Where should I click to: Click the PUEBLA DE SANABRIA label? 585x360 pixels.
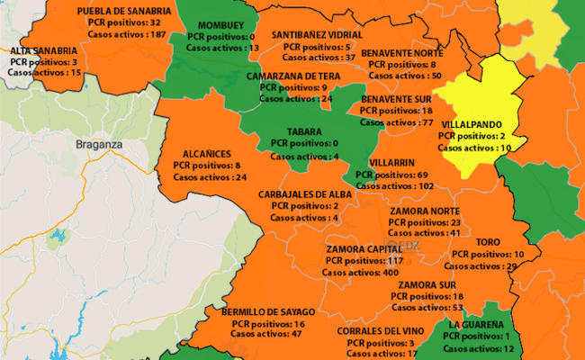[x=124, y=10]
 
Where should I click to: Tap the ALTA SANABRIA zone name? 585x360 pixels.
[x=42, y=51]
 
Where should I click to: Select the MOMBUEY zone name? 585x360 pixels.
[x=220, y=24]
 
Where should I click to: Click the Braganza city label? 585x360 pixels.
[x=99, y=143]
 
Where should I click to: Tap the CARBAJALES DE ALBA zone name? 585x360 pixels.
[x=305, y=193]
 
